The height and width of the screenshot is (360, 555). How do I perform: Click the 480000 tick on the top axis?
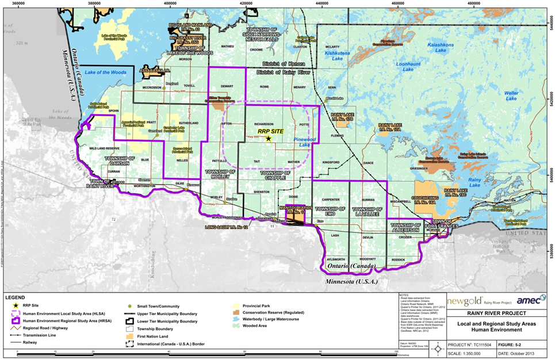point(474,3)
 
